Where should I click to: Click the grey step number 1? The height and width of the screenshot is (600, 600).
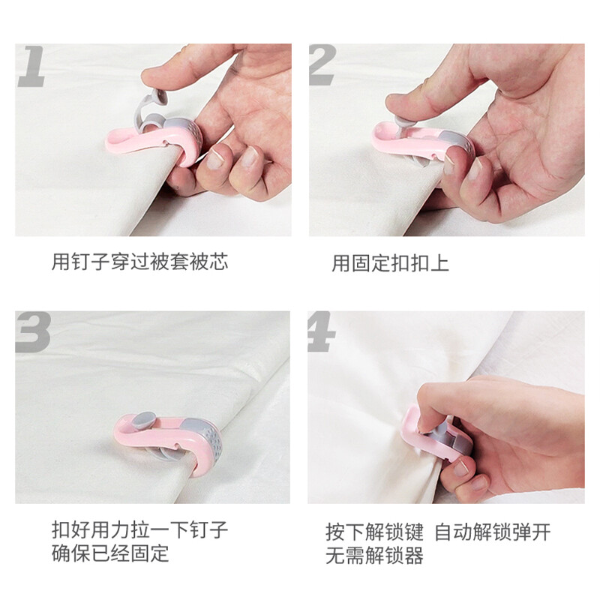click(31, 66)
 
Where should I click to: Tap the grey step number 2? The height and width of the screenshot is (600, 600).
click(322, 65)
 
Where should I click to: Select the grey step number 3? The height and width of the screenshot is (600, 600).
click(33, 332)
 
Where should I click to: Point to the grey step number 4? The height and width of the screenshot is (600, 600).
click(322, 332)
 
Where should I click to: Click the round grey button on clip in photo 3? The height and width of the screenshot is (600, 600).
click(143, 421)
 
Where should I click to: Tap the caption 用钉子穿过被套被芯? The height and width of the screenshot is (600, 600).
click(139, 262)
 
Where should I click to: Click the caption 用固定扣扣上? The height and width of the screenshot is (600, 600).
click(390, 263)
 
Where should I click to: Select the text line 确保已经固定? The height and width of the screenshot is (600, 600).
click(110, 553)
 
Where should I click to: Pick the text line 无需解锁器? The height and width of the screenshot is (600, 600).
click(374, 556)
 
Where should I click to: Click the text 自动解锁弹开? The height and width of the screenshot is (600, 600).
click(493, 532)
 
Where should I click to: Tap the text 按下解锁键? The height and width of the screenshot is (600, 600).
click(374, 532)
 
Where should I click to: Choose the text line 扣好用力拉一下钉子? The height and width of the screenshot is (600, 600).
click(139, 530)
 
